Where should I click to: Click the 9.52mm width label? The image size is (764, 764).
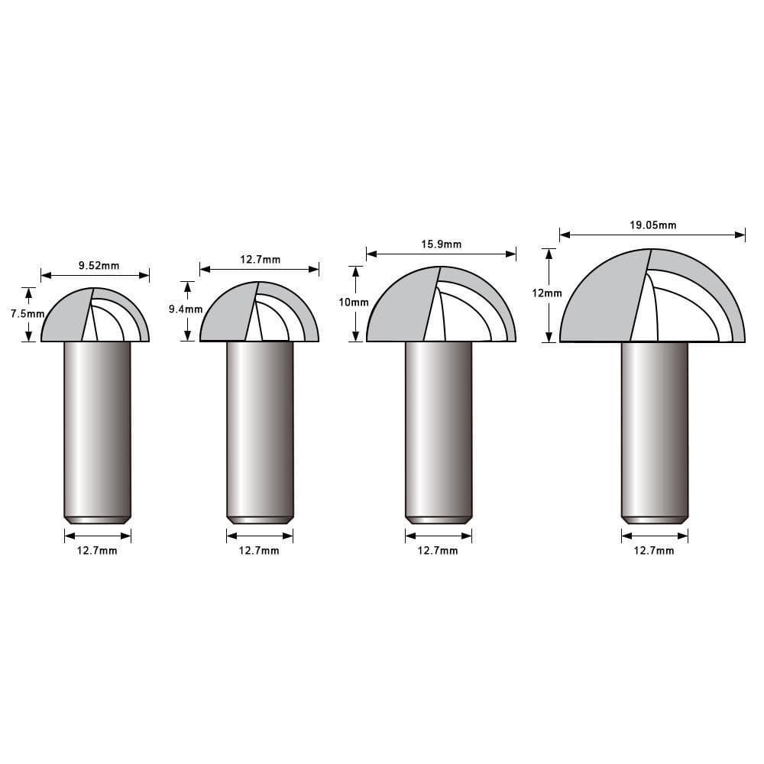point(99,266)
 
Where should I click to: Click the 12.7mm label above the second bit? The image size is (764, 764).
point(260,259)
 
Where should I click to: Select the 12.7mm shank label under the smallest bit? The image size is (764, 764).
point(97,551)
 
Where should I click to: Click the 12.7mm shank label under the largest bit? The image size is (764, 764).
point(654,551)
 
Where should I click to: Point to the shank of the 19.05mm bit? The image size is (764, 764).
point(655,428)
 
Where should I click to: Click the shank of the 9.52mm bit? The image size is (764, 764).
point(97,428)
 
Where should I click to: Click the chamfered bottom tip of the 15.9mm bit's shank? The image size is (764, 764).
point(439,520)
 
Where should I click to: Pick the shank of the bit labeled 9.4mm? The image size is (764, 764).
point(260,428)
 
